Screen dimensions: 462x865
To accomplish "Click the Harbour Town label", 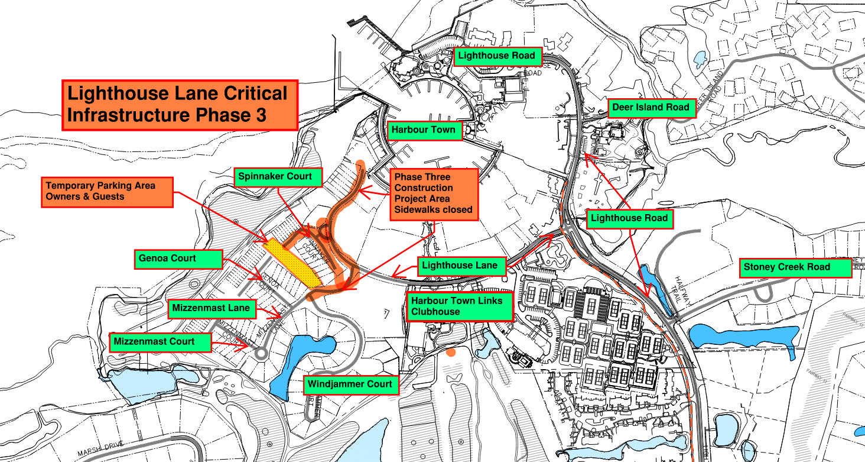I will coord(424,130).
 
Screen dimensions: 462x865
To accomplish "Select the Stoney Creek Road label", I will coord(795,267).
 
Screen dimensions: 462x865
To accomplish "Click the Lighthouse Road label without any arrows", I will coord(497,56).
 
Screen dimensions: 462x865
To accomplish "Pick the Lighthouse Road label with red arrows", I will coord(629,218).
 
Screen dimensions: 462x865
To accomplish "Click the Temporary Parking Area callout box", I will coord(108,191).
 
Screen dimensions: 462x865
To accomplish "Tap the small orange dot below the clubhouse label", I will coord(451,353).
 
